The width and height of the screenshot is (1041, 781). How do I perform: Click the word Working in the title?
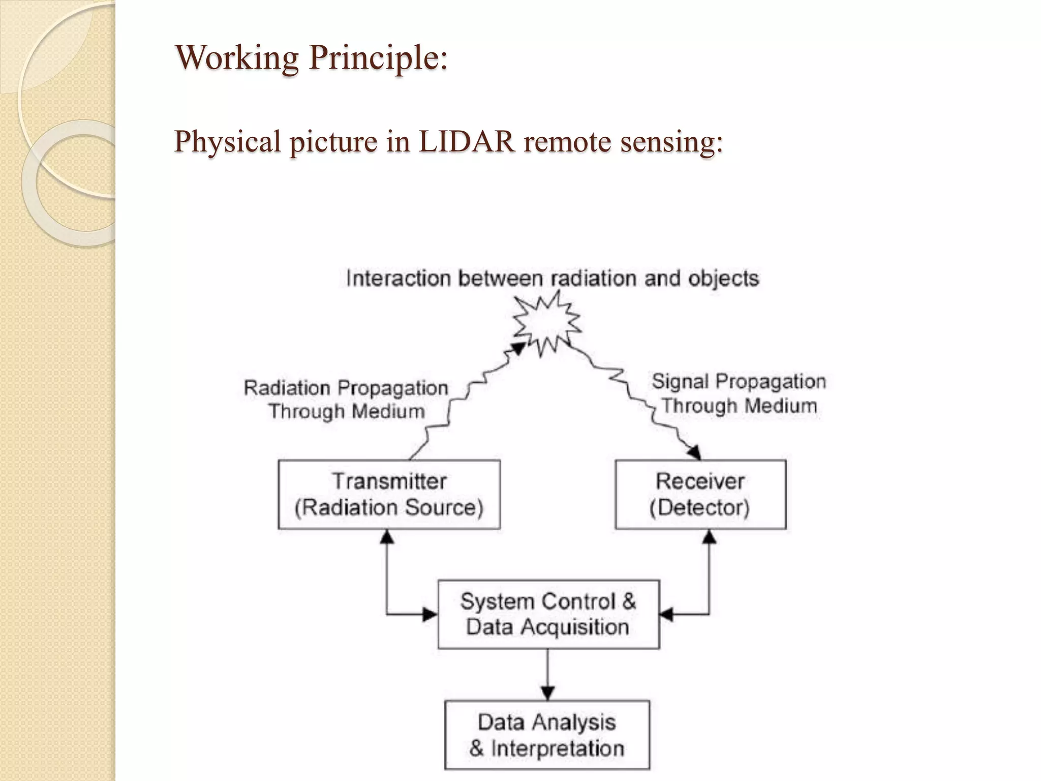[236, 58]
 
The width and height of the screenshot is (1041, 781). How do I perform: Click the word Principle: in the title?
[378, 58]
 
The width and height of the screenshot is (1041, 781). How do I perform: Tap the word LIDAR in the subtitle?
[466, 141]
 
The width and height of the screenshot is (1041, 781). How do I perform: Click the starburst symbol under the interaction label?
[546, 323]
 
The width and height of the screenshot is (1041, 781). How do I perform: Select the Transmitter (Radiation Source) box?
[389, 494]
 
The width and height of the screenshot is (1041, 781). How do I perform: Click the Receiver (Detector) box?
[700, 494]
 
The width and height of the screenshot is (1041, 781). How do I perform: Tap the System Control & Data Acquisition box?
[548, 614]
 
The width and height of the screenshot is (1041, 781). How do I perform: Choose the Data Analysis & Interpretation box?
[547, 735]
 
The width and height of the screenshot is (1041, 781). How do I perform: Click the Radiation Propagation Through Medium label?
[346, 400]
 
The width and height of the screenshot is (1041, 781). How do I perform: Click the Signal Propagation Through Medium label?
[739, 394]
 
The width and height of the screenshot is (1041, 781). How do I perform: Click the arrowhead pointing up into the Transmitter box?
[387, 537]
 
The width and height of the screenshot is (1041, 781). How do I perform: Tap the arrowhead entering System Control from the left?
[430, 615]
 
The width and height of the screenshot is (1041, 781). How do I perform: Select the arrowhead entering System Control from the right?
[666, 615]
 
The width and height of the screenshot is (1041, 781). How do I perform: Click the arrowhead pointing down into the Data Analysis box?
[547, 693]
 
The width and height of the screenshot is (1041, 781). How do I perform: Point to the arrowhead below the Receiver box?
[709, 537]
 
